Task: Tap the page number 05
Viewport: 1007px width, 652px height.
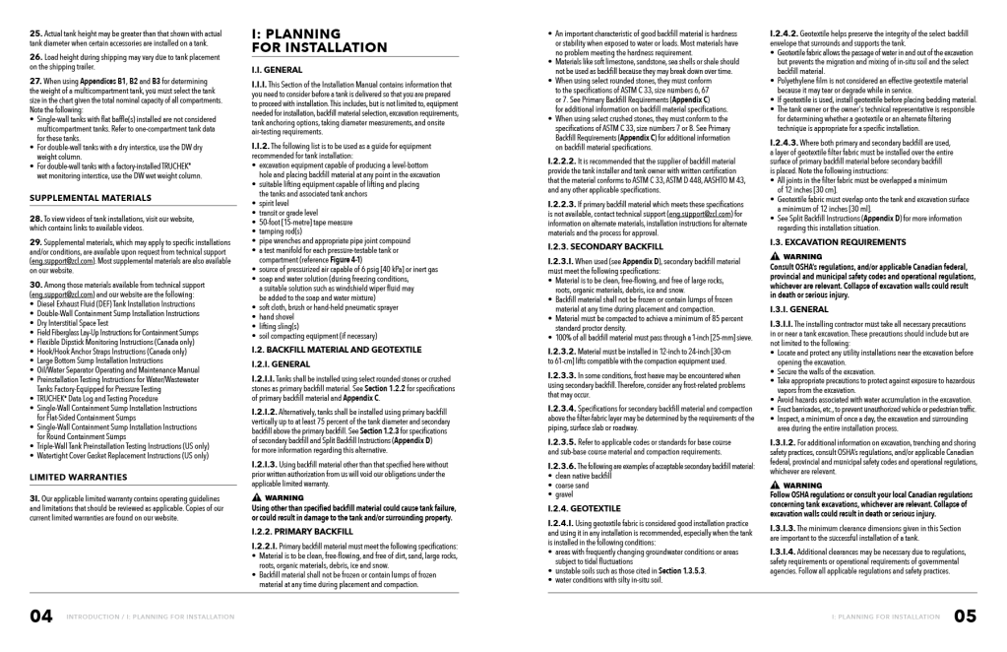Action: tap(964, 618)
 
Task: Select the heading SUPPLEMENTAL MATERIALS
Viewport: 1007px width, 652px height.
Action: tap(90, 198)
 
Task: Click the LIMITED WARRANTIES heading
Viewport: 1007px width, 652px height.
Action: tap(78, 477)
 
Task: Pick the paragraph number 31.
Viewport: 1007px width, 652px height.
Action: tap(34, 497)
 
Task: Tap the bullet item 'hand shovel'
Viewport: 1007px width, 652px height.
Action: tap(279, 317)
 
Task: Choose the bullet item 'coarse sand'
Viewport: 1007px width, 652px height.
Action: tap(572, 485)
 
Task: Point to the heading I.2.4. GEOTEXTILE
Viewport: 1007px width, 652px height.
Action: tap(585, 508)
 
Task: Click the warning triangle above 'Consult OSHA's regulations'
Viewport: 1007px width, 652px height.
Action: tap(776, 256)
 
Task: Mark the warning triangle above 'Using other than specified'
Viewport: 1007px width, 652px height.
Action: tap(257, 498)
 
